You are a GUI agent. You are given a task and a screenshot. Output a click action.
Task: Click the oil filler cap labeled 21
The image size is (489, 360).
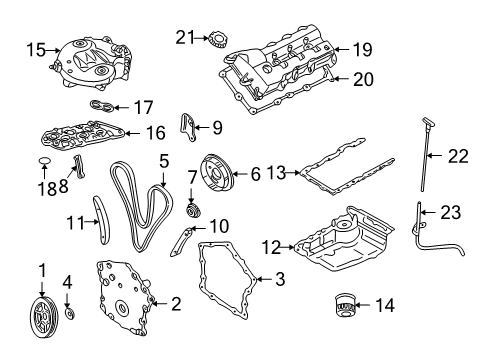pos(213,40)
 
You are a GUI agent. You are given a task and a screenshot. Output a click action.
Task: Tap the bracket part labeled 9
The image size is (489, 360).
pos(185,127)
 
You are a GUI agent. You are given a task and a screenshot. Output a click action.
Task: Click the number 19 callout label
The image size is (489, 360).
pos(361,47)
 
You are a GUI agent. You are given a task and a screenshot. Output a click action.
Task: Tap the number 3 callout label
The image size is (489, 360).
pos(280,281)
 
